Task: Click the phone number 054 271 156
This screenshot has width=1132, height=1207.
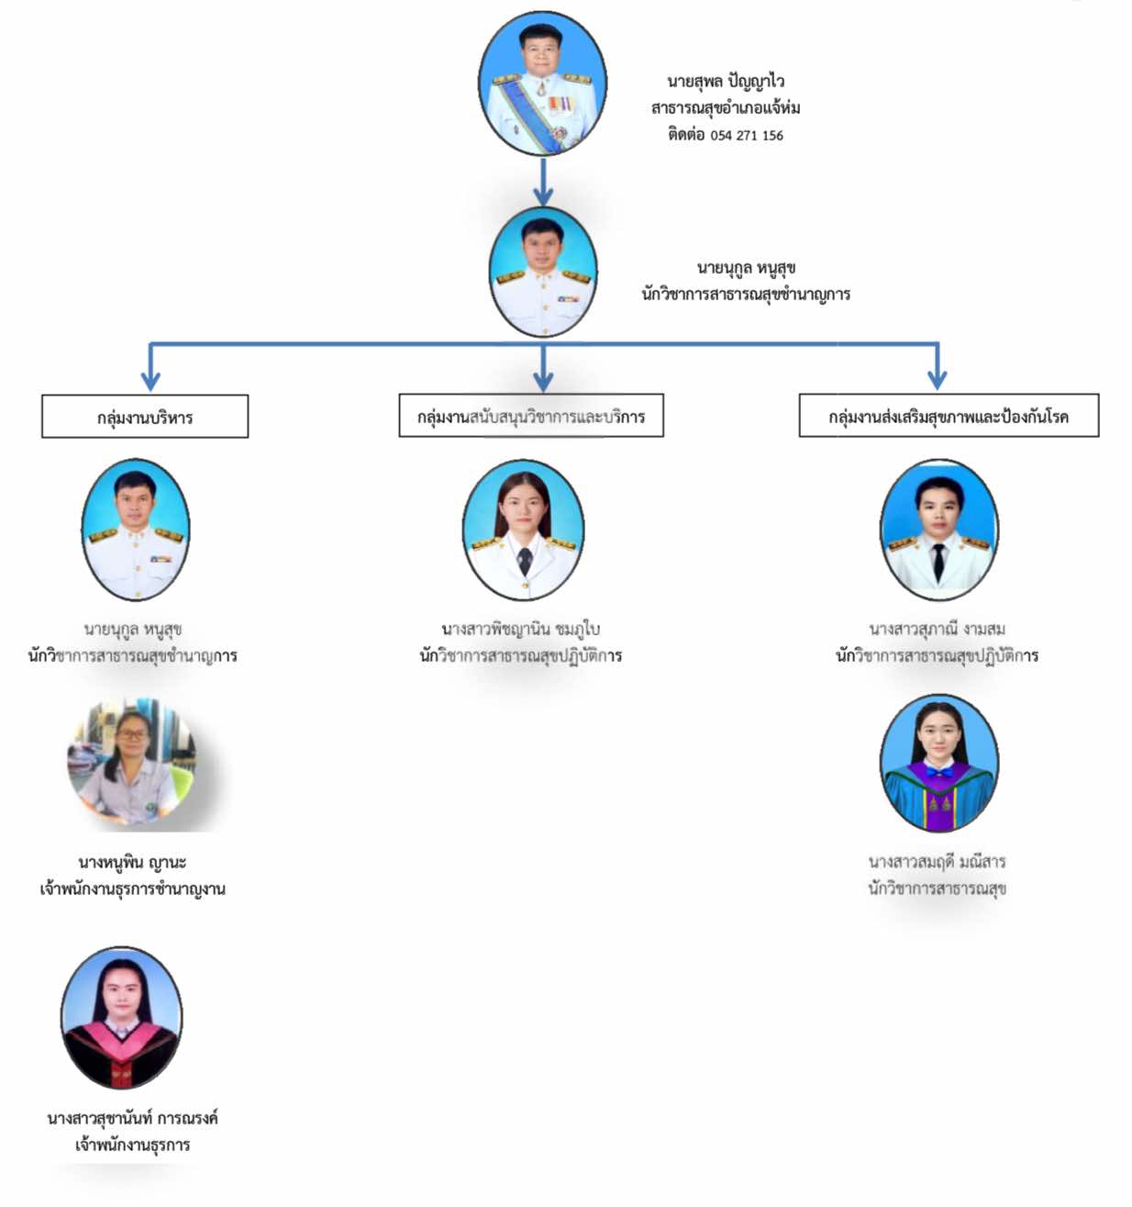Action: point(746,136)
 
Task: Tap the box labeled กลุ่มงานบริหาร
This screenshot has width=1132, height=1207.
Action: point(145,417)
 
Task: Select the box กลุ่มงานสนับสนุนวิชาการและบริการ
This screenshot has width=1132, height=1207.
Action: point(531,416)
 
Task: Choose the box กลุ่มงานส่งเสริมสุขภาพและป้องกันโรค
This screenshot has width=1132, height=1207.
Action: point(949,416)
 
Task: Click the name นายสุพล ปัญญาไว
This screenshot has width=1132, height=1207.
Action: point(726,82)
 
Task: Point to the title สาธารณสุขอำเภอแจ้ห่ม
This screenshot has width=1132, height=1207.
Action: point(726,108)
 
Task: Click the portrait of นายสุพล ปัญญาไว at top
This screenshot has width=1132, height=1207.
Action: point(542,84)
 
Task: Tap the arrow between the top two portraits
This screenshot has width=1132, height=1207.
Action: point(543,183)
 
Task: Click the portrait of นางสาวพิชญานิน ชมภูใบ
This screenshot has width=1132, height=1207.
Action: point(523,531)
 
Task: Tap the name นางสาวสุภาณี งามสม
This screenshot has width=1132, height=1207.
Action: point(937,629)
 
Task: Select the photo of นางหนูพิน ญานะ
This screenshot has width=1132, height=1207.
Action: point(131,765)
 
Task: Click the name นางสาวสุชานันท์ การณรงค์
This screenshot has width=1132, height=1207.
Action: point(132,1118)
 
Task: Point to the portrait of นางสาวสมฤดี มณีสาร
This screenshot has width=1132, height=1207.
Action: point(938,764)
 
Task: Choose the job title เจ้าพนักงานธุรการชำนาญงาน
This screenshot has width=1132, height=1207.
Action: point(132,888)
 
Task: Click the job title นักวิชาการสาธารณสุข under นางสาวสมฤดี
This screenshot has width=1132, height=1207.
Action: point(937,888)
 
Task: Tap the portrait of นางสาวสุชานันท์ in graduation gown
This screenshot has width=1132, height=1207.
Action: point(121,1018)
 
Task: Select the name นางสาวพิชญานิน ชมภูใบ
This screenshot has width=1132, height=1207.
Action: point(520,629)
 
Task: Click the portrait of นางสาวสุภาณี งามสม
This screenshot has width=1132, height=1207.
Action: point(938,531)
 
